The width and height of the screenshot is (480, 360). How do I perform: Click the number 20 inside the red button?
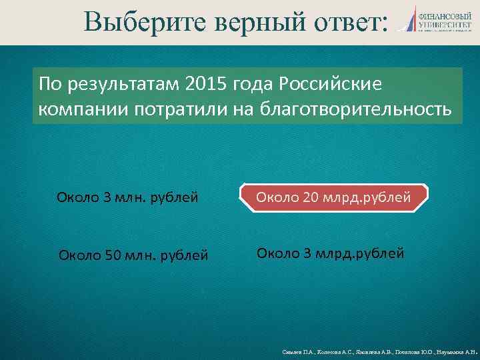tap(313, 196)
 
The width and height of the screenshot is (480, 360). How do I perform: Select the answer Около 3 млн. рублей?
tap(128, 197)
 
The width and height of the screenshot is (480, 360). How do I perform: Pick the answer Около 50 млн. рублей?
tap(133, 255)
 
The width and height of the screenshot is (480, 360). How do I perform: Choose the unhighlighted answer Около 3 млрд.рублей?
tap(331, 253)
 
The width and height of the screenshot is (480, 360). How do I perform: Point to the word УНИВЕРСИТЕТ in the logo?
tap(443, 24)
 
